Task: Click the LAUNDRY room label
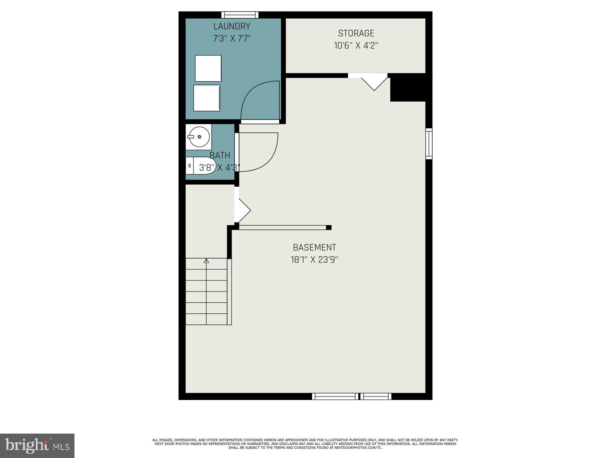click(232, 26)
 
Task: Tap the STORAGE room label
click(356, 33)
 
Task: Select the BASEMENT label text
click(314, 247)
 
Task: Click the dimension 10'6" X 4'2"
click(356, 46)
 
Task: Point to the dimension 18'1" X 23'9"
click(314, 260)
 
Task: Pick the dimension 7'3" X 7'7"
click(232, 39)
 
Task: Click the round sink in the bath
click(199, 137)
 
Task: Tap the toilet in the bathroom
click(202, 166)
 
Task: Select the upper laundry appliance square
click(208, 68)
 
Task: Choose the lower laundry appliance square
click(207, 98)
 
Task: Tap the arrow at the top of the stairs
click(206, 261)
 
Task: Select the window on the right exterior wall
click(429, 144)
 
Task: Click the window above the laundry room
click(240, 15)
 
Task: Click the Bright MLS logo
click(37, 445)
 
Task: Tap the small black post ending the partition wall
click(329, 227)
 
